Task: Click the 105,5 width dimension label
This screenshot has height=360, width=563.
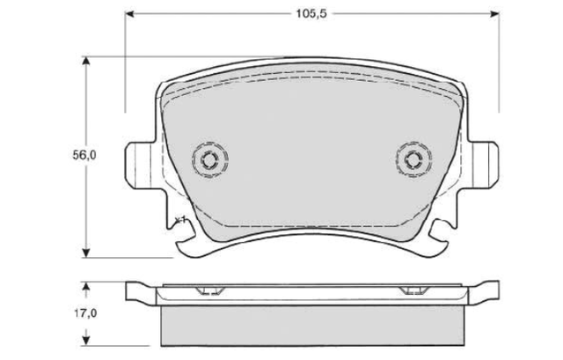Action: click(311, 14)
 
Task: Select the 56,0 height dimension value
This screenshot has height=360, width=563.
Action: click(84, 155)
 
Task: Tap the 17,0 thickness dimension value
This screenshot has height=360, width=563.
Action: click(85, 313)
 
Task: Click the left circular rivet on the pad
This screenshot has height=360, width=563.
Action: click(209, 160)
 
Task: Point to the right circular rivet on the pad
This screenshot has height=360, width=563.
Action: click(414, 159)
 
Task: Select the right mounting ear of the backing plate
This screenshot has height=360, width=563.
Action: click(483, 164)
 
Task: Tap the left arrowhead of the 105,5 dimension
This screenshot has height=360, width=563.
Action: click(129, 14)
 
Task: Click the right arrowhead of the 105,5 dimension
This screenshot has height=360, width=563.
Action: click(494, 14)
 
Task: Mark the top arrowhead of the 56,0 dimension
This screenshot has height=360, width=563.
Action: click(85, 61)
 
